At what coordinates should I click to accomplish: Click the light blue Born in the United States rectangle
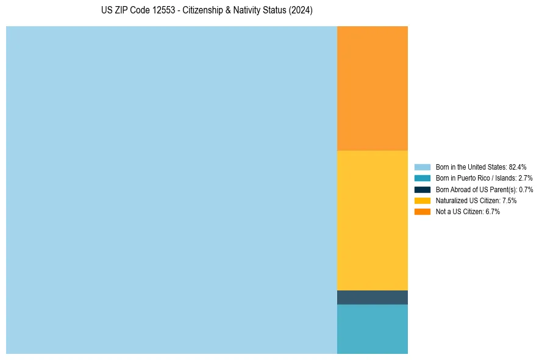coord(171,190)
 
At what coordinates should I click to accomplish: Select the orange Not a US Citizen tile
coord(372,88)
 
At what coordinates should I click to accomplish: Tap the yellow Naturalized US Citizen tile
coord(372,220)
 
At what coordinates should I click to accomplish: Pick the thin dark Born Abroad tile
coord(372,297)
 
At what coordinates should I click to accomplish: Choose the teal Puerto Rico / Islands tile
coord(372,329)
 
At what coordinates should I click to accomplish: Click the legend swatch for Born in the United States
coord(423,167)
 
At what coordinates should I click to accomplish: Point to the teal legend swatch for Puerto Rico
coord(423,178)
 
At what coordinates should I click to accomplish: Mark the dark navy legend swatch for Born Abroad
coord(423,189)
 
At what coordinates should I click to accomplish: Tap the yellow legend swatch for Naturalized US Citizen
coord(423,200)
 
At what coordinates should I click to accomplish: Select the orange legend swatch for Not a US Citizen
coord(423,211)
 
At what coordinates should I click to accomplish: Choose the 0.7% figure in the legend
coord(526,189)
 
